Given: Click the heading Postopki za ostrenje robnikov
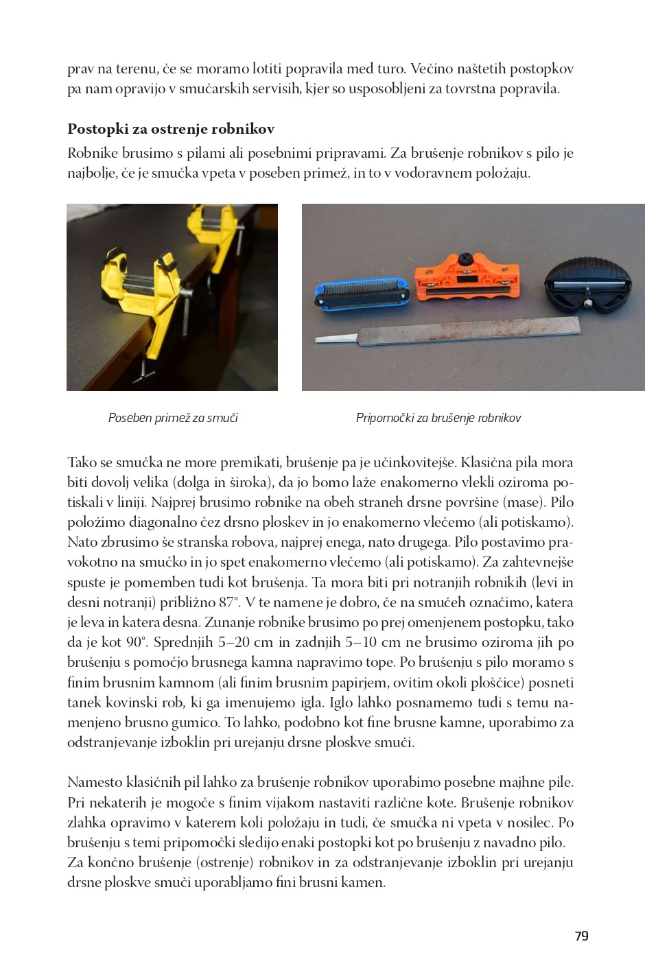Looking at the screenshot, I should point(171,129).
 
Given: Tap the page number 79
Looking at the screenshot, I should point(581,936).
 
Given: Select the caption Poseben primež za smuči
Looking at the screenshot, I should point(173,418).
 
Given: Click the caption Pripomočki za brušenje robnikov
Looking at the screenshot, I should point(438,418).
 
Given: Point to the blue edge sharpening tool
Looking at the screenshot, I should point(362,294).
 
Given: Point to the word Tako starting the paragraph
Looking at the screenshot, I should point(82,462).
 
